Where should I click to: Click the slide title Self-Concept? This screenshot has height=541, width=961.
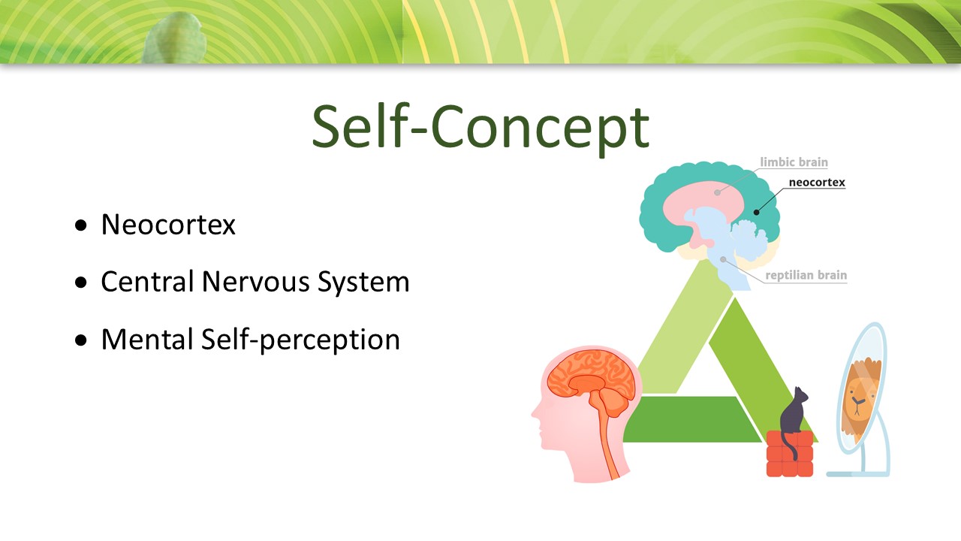480,128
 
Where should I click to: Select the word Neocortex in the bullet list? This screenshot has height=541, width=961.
168,225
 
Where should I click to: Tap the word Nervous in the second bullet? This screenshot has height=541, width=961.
255,282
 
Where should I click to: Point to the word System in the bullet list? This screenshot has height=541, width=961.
363,283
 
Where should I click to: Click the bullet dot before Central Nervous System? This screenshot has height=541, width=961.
80,283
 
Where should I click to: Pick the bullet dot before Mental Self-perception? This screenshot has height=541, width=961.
80,340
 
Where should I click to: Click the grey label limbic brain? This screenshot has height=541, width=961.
794,162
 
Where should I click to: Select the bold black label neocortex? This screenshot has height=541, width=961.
817,183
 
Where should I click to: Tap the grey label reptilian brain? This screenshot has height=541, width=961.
806,275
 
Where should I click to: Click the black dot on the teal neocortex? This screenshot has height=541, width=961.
756,212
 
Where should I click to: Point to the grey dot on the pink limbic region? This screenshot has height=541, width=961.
717,192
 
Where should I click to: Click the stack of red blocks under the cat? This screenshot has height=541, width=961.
789,454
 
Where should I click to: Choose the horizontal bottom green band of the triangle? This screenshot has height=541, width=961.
691,419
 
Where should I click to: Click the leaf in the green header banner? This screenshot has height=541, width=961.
173,38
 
